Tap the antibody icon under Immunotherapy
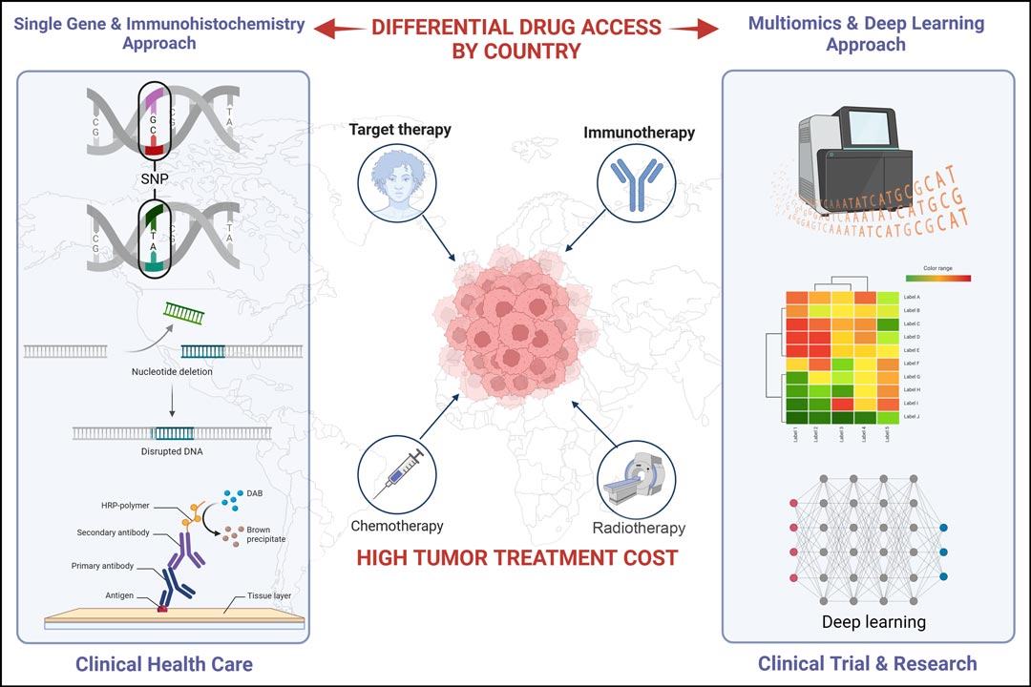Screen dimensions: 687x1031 tap(638, 184)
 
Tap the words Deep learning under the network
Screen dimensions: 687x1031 tap(873, 622)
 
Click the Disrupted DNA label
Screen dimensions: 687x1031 tap(172, 452)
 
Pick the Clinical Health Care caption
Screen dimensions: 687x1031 tap(164, 662)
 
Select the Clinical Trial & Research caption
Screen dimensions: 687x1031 tap(867, 663)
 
